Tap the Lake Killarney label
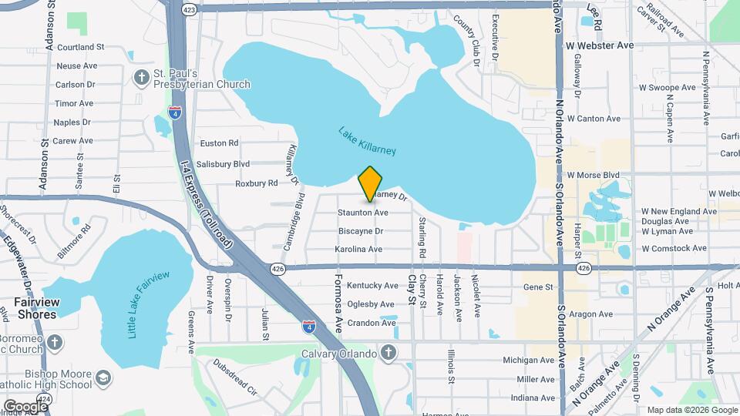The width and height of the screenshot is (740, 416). click(367, 143)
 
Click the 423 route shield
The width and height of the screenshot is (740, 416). click(190, 9)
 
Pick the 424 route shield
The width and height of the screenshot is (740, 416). click(44, 399)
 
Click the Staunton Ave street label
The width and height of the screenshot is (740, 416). click(362, 212)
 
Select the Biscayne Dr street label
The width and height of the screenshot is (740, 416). click(361, 231)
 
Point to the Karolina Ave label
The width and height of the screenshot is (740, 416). click(358, 250)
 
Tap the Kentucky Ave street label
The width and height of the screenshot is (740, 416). click(372, 286)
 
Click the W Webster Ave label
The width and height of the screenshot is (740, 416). click(599, 45)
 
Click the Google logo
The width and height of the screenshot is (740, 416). click(25, 405)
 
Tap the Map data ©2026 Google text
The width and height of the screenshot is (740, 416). click(690, 410)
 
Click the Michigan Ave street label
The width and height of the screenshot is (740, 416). click(529, 360)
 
